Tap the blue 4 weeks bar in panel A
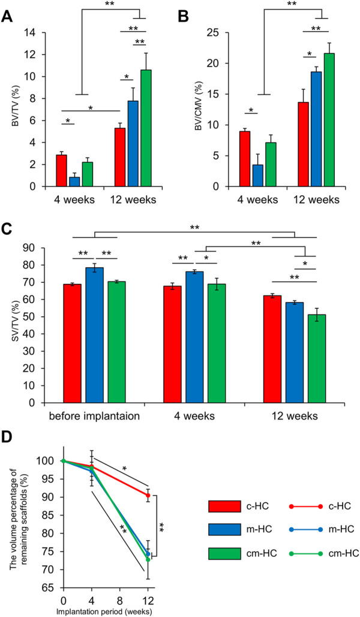74,182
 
